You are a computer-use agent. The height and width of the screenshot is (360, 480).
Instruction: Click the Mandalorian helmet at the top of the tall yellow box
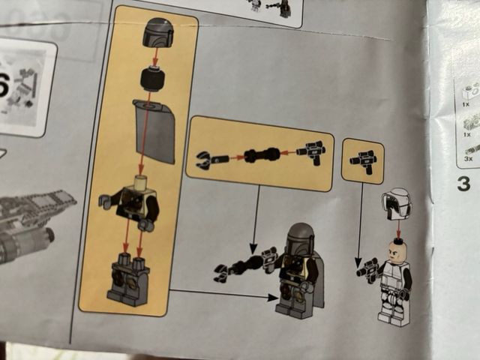[x=156, y=34]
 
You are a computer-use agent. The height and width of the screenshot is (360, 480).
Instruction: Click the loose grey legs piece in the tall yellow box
[x=130, y=278]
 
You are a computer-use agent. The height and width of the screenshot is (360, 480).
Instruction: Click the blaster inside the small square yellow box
[x=363, y=160]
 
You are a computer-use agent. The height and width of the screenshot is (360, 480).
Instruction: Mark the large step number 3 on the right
[x=463, y=182]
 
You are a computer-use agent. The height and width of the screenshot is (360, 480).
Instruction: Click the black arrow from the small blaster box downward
[x=359, y=217]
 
